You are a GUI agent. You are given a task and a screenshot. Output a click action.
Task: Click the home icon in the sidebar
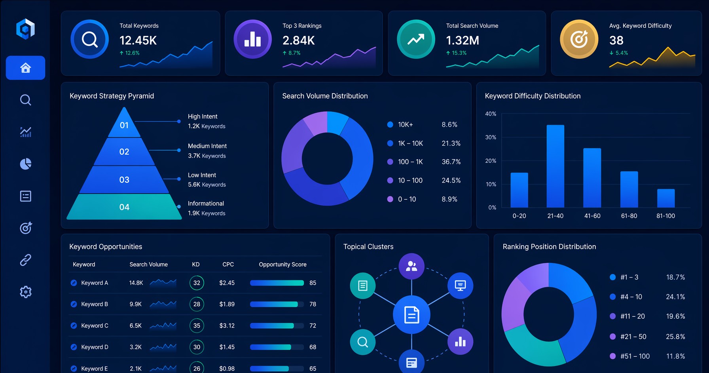coord(26,68)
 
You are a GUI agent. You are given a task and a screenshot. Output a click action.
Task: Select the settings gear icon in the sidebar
coord(26,292)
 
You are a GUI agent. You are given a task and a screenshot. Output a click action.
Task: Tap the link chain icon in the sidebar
coord(26,260)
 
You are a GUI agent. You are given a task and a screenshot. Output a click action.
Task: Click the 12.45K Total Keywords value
coord(138,40)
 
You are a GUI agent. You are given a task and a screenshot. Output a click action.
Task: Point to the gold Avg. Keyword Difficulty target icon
coord(579,39)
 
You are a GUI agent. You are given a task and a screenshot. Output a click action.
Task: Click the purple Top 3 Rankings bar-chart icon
coord(252,39)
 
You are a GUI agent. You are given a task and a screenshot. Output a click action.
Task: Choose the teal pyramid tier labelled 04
coord(124,207)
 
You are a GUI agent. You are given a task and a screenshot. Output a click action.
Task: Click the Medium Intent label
coord(207,146)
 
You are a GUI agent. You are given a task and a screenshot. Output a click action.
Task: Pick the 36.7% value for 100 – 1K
coord(451,162)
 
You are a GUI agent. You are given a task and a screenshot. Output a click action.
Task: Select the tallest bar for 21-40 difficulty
coord(555,166)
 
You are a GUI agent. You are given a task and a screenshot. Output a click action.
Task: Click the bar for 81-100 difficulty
coord(666,198)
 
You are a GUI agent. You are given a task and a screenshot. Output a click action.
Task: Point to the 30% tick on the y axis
coord(491,137)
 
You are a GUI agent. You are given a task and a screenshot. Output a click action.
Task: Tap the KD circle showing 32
coord(197,283)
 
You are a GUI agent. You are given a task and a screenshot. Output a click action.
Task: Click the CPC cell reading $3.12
coord(227,325)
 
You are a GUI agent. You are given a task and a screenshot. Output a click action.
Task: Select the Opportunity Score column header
coord(282,265)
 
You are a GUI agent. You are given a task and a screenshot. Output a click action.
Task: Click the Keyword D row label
coord(95,347)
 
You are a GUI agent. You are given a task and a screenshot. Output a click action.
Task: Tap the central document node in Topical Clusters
coord(411,315)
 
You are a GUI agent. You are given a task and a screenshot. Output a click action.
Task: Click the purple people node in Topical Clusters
coord(411,266)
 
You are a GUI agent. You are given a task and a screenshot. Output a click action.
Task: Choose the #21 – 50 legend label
coord(633,337)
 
